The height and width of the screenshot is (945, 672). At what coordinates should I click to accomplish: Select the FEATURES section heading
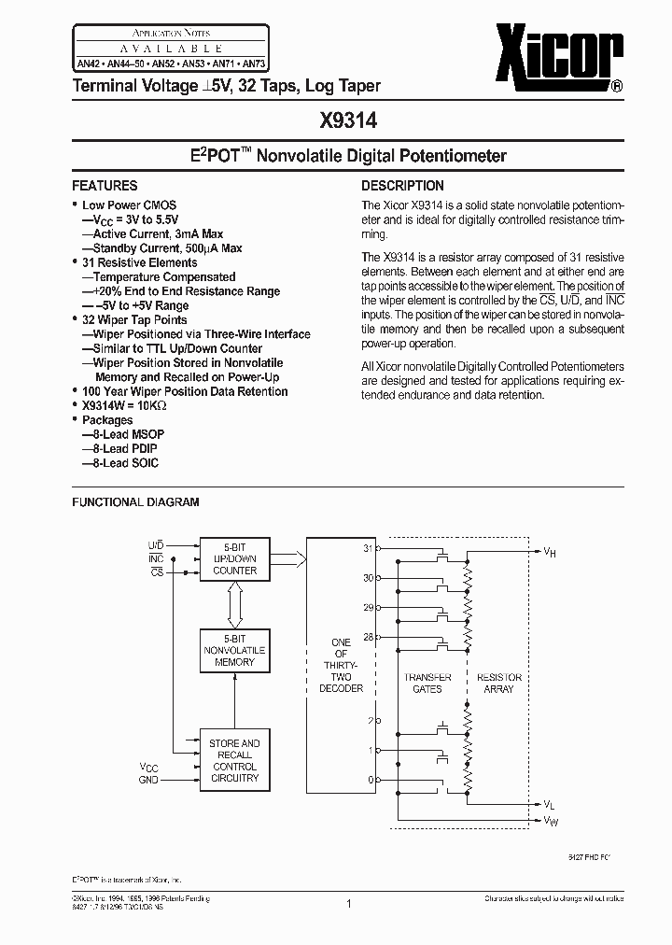105,186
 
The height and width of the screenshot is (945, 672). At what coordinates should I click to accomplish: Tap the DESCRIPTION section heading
402,186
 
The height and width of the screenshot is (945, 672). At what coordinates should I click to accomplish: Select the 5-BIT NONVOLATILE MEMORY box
234,650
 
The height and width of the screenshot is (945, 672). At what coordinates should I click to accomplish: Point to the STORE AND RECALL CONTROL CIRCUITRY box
234,760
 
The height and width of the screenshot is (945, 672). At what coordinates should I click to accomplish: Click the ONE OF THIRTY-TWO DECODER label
341,665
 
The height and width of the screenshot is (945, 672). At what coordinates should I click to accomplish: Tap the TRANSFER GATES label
427,683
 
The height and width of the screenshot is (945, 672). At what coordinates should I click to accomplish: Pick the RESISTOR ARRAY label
499,683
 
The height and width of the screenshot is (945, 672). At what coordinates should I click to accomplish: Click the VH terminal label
551,552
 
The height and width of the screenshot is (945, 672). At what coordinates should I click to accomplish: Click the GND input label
148,778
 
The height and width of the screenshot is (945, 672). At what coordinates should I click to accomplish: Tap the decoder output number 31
369,548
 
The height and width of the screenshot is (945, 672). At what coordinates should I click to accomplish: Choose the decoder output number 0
371,779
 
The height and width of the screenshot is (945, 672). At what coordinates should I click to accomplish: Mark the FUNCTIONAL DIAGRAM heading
136,502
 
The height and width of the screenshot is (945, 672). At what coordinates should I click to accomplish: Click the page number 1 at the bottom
348,903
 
